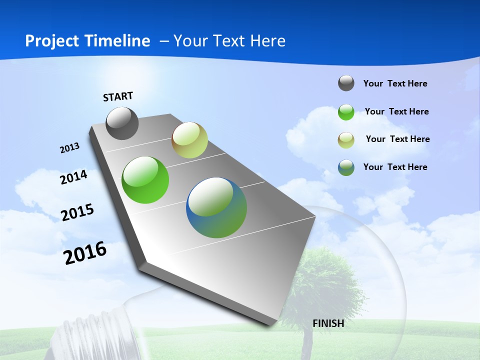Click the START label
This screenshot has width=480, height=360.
(118, 96)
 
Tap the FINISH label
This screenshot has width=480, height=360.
(328, 323)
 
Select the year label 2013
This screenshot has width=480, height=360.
(70, 148)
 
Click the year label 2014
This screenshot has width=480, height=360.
(74, 177)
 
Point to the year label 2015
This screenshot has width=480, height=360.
(77, 212)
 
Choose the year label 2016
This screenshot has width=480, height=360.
(85, 253)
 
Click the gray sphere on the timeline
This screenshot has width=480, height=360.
(122, 123)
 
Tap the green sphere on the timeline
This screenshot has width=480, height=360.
(145, 180)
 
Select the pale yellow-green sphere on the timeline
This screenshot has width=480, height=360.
(189, 140)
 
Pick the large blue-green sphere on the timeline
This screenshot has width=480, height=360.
(216, 207)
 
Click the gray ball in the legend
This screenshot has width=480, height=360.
(346, 83)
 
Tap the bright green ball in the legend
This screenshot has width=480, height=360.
(346, 112)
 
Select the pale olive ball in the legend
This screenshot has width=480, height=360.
(346, 140)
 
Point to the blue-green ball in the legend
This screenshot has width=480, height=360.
(346, 167)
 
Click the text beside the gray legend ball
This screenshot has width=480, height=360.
(395, 83)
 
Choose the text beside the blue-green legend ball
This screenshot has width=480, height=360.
(395, 167)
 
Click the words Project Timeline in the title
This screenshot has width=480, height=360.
(87, 41)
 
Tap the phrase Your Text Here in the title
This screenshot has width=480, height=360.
(229, 41)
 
